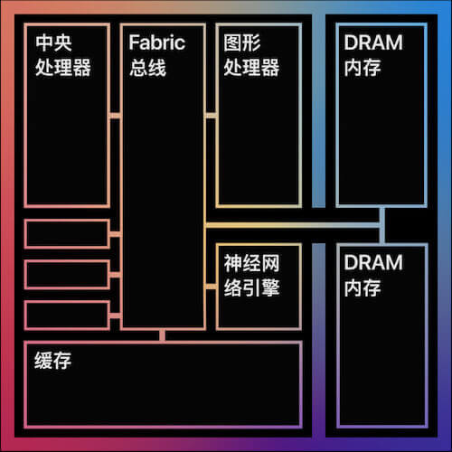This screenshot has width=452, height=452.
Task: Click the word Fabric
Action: pos(156,42)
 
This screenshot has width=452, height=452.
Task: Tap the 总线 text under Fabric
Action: pos(147,67)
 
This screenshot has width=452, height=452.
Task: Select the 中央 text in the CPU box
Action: pos(53,42)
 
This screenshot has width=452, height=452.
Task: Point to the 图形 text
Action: pos(242,42)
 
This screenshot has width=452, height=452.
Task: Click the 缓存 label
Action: pos(52,360)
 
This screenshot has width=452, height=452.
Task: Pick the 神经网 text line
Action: pos(251,263)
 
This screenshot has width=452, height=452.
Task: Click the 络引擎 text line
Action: pos(251,287)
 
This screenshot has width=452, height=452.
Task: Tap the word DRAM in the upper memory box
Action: pos(373,42)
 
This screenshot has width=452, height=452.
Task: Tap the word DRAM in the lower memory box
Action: pos(373,262)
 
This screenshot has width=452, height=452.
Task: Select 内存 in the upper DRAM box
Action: pos(363,68)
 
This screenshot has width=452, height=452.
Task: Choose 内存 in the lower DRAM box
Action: pos(363,287)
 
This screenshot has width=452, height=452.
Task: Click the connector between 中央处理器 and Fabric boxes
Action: pos(115,116)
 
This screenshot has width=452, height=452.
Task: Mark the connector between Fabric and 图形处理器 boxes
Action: pos(211,116)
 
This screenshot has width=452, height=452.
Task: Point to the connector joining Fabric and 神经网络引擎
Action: pos(211,287)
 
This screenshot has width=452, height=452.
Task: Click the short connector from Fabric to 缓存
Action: pos(163,335)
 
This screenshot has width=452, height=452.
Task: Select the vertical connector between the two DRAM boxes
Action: pos(382,225)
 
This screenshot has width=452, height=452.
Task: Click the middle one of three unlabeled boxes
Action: pos(67,275)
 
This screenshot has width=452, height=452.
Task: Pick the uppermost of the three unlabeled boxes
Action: pos(67,234)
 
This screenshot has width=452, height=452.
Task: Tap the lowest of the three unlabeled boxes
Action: pos(67,315)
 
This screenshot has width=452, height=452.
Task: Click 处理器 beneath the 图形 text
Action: pos(251,67)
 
